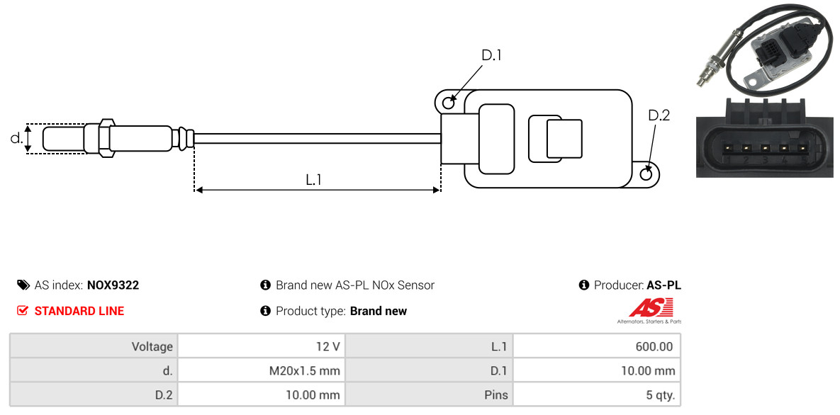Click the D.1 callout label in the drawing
[x=491, y=55]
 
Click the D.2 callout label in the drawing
[x=659, y=115]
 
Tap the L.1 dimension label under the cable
[x=313, y=179]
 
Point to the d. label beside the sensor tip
[x=16, y=138]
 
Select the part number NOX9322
[x=113, y=285]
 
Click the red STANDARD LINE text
[x=79, y=311]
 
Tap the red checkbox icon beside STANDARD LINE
[x=23, y=311]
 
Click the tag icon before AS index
[x=23, y=285]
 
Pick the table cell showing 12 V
[x=262, y=346]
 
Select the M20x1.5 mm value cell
[x=262, y=370]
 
